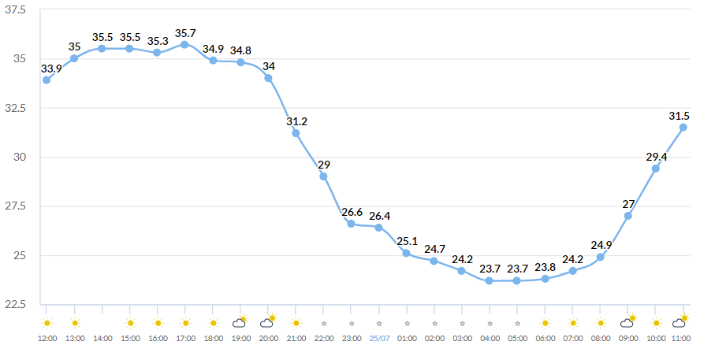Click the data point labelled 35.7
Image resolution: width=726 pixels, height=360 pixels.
click(x=185, y=44)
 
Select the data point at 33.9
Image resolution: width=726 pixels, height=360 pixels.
click(x=47, y=80)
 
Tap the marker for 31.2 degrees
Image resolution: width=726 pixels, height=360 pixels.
click(x=296, y=133)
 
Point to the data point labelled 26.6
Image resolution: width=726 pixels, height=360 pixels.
click(x=351, y=224)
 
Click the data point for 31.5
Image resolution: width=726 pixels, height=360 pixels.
click(x=683, y=127)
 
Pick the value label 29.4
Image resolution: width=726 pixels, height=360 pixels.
click(x=655, y=158)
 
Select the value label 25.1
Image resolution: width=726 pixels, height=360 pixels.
click(x=407, y=241)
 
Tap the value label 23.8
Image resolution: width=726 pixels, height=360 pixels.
click(x=545, y=266)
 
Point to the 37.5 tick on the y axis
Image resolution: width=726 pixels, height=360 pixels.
click(x=16, y=9)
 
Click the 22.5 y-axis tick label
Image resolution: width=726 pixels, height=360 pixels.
click(x=16, y=305)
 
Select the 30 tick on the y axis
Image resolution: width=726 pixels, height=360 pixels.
click(x=19, y=158)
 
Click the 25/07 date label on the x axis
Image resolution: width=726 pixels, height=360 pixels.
click(x=379, y=338)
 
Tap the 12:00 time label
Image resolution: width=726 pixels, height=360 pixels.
click(x=47, y=338)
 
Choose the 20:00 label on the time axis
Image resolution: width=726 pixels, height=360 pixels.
click(x=268, y=338)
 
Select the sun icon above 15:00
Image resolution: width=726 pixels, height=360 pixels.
click(x=130, y=323)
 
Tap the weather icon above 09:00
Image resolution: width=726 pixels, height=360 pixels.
click(x=628, y=321)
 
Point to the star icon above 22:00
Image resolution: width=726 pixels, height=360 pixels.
click(x=323, y=323)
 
